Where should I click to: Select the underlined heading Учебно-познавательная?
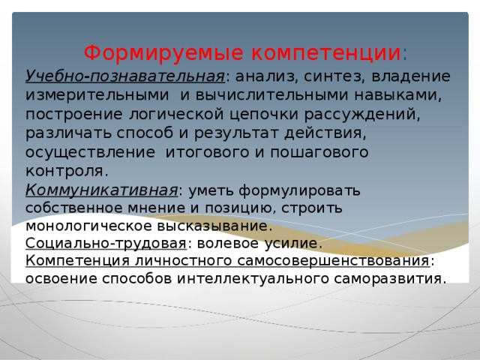(124, 76)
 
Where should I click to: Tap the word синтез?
(322, 76)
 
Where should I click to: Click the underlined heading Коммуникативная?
(102, 189)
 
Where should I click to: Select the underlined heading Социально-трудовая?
(106, 244)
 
